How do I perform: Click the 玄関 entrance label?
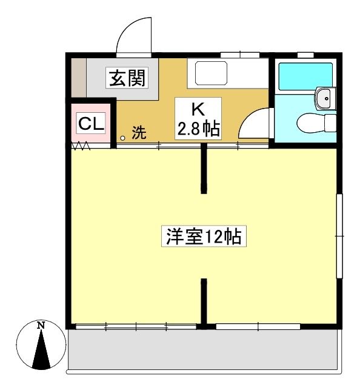pyautogui.click(x=127, y=78)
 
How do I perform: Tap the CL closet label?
pyautogui.click(x=91, y=123)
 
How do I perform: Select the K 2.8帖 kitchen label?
pyautogui.click(x=198, y=118)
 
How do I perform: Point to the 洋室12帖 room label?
pyautogui.click(x=204, y=236)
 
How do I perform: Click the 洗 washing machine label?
pyautogui.click(x=139, y=132)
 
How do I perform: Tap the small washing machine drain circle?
pyautogui.click(x=123, y=138)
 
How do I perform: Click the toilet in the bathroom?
pyautogui.click(x=316, y=123)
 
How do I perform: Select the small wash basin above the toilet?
pyautogui.click(x=325, y=98)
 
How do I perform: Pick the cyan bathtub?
pyautogui.click(x=305, y=76)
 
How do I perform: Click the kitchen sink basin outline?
pyautogui.click(x=211, y=73)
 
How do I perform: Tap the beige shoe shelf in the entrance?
pyautogui.click(x=79, y=78)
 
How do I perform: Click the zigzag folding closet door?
pyautogui.click(x=81, y=145)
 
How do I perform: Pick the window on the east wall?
pyautogui.click(x=339, y=236)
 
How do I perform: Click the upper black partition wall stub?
pyautogui.click(x=204, y=169)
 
